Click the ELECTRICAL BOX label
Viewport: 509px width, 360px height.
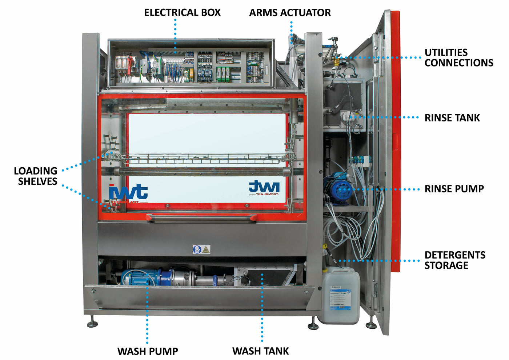point(182,13)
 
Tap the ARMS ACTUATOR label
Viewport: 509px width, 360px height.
point(290,13)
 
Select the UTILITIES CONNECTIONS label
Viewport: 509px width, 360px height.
point(458,57)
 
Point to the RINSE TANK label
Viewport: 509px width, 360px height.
point(452,118)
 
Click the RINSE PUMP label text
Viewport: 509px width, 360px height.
point(454,189)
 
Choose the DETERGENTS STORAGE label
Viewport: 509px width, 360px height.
point(454,260)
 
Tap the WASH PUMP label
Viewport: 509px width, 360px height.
point(148,351)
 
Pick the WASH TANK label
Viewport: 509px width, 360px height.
point(260,351)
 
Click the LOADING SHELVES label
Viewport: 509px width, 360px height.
point(36,176)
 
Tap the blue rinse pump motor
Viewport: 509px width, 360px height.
point(339,188)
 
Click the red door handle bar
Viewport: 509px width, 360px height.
point(201,217)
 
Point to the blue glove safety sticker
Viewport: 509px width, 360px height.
point(197,249)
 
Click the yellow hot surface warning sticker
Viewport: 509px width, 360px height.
point(206,249)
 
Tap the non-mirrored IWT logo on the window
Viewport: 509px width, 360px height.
point(128,192)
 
